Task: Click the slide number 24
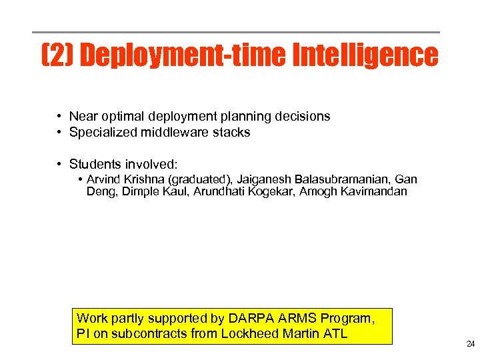point(471,345)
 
